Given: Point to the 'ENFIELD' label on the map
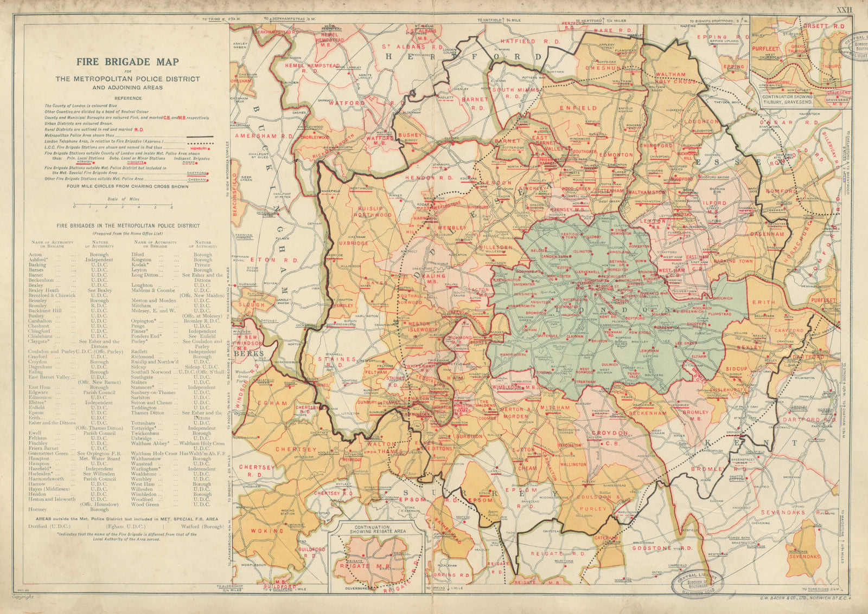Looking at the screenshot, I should tap(583, 108).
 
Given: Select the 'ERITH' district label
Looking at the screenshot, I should tap(763, 302).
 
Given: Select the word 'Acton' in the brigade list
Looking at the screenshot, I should tap(35, 255).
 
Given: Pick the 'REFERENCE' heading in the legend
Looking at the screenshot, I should tap(128, 98).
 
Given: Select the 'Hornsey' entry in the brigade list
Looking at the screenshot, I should tap(37, 509).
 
